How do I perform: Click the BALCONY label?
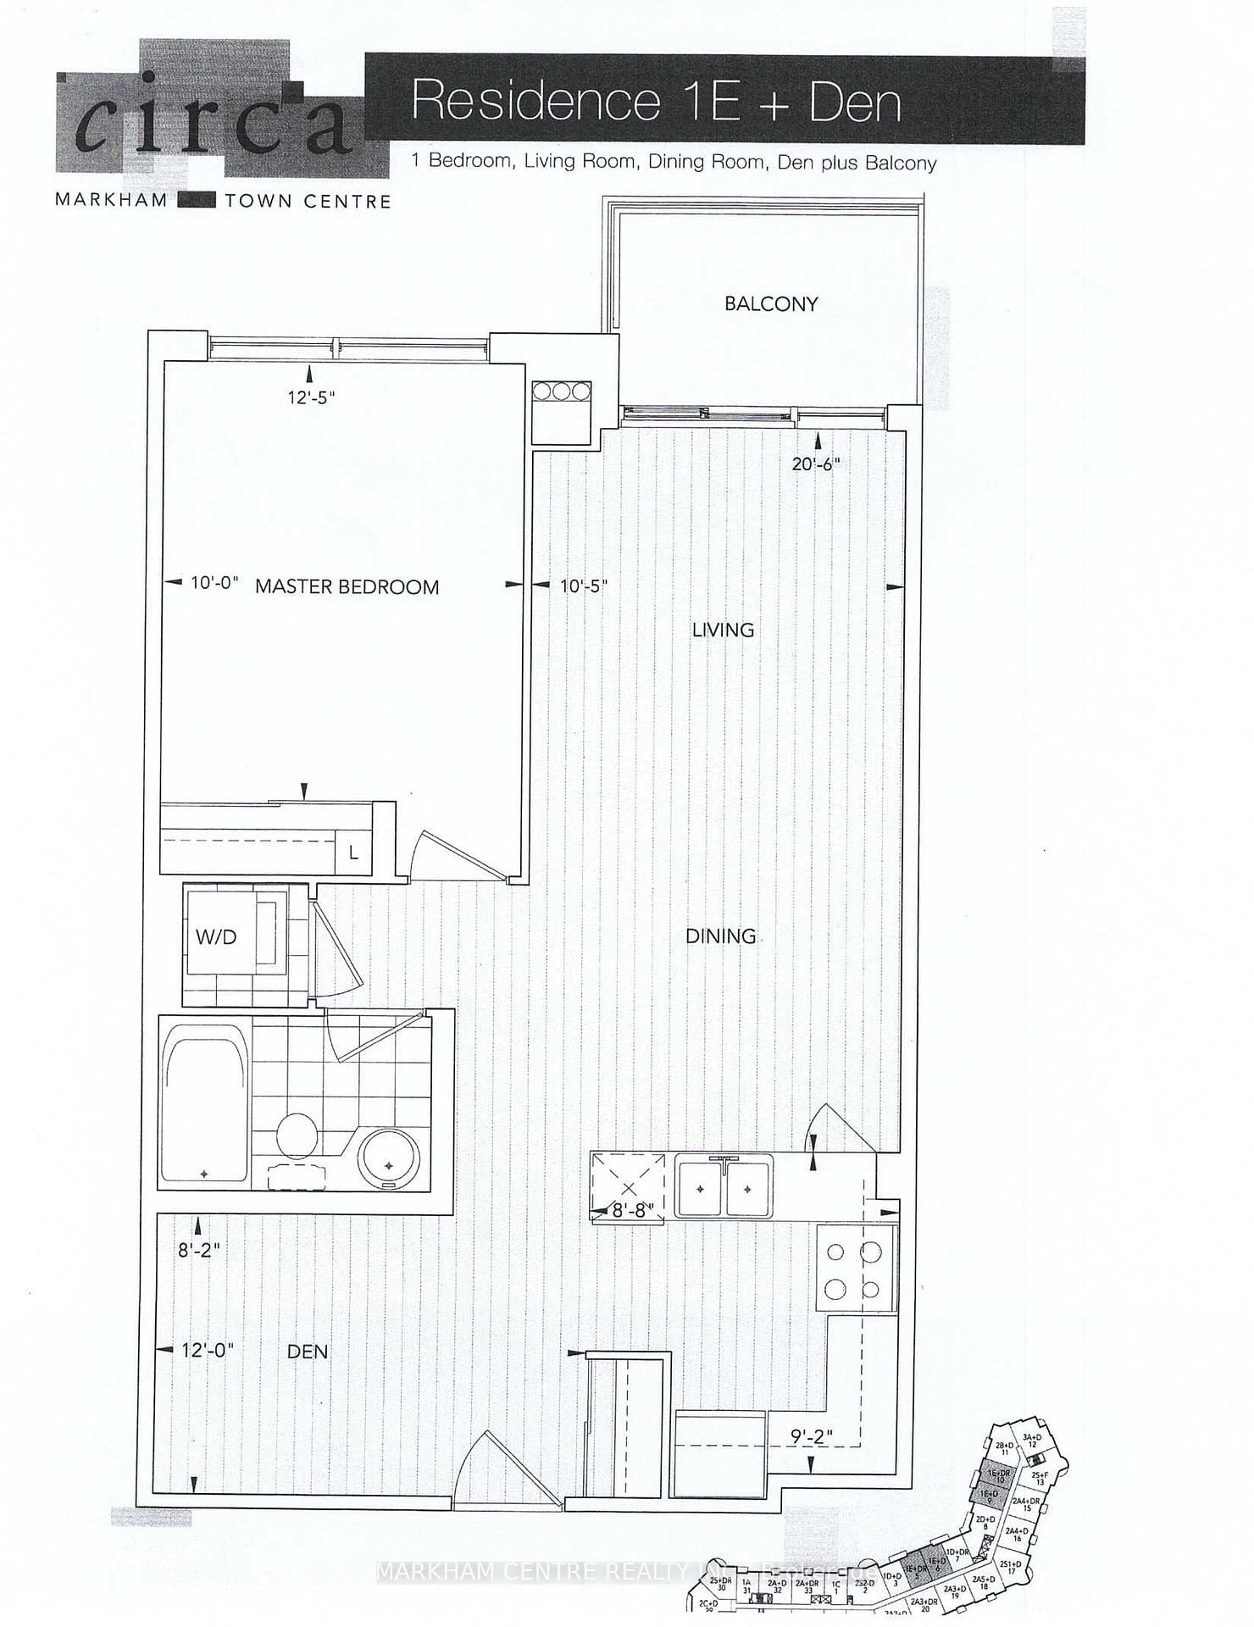[770, 303]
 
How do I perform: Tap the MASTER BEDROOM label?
[347, 586]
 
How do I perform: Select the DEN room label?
[307, 1351]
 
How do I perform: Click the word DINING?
[720, 936]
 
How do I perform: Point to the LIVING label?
[723, 630]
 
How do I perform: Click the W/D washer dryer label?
[215, 937]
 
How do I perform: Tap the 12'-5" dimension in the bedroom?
[311, 397]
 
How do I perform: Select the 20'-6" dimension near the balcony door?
[816, 464]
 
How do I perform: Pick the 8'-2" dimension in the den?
[199, 1248]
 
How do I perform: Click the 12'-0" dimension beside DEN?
[207, 1350]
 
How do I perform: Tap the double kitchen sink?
[724, 1188]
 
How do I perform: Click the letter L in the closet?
[352, 852]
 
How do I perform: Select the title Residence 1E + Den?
[656, 103]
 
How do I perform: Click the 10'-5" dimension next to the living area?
[584, 586]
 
